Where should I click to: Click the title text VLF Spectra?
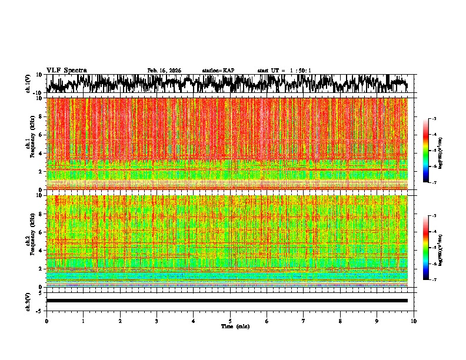tap(66, 70)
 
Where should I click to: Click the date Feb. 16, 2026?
tap(164, 71)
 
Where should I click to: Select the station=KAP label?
tap(218, 71)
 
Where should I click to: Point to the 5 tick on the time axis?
tap(230, 321)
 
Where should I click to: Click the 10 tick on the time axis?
tap(414, 321)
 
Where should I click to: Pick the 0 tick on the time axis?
tap(46, 321)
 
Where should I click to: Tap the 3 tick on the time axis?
tap(157, 321)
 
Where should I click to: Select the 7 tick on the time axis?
tap(304, 321)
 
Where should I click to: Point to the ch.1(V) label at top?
tap(28, 84)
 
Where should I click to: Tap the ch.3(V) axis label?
tap(28, 301)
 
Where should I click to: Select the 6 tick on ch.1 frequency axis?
tap(40, 135)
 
